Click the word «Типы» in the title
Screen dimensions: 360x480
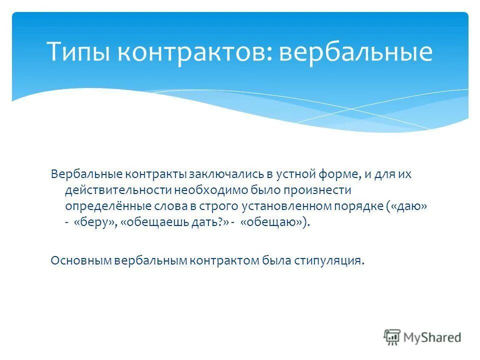81,52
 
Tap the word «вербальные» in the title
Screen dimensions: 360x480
355,52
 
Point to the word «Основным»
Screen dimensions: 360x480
81,260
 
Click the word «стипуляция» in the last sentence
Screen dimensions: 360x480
330,260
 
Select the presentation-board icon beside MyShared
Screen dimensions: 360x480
392,337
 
